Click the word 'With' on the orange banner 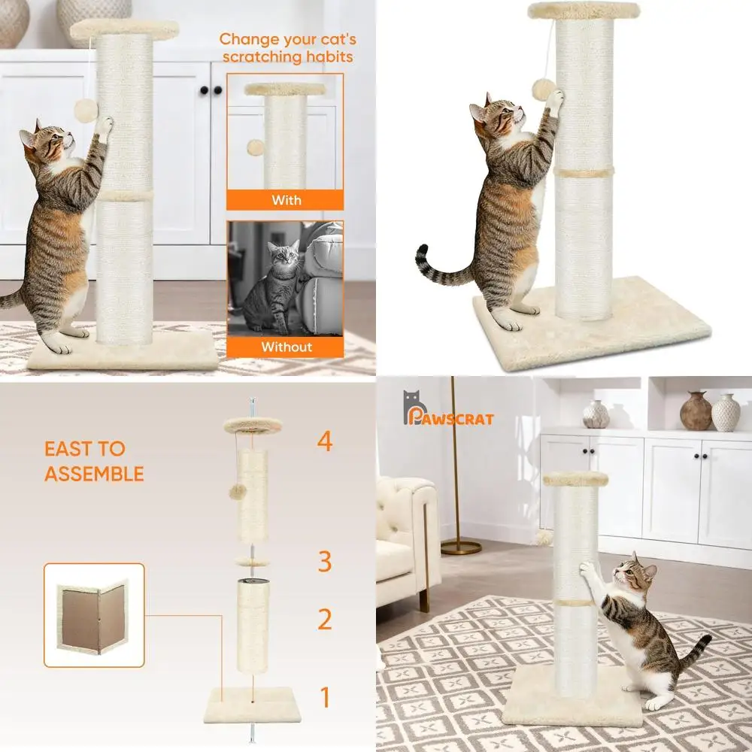coord(286,200)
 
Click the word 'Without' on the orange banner coord(286,347)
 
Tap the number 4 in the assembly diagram coord(324,441)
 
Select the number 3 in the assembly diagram coord(324,561)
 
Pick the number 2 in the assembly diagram coord(324,620)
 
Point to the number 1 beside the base coord(325,698)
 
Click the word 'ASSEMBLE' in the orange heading coord(94,474)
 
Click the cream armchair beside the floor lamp coord(406,534)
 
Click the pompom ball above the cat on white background coord(544,89)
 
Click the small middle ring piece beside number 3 coord(252,561)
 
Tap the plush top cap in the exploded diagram coord(252,426)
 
